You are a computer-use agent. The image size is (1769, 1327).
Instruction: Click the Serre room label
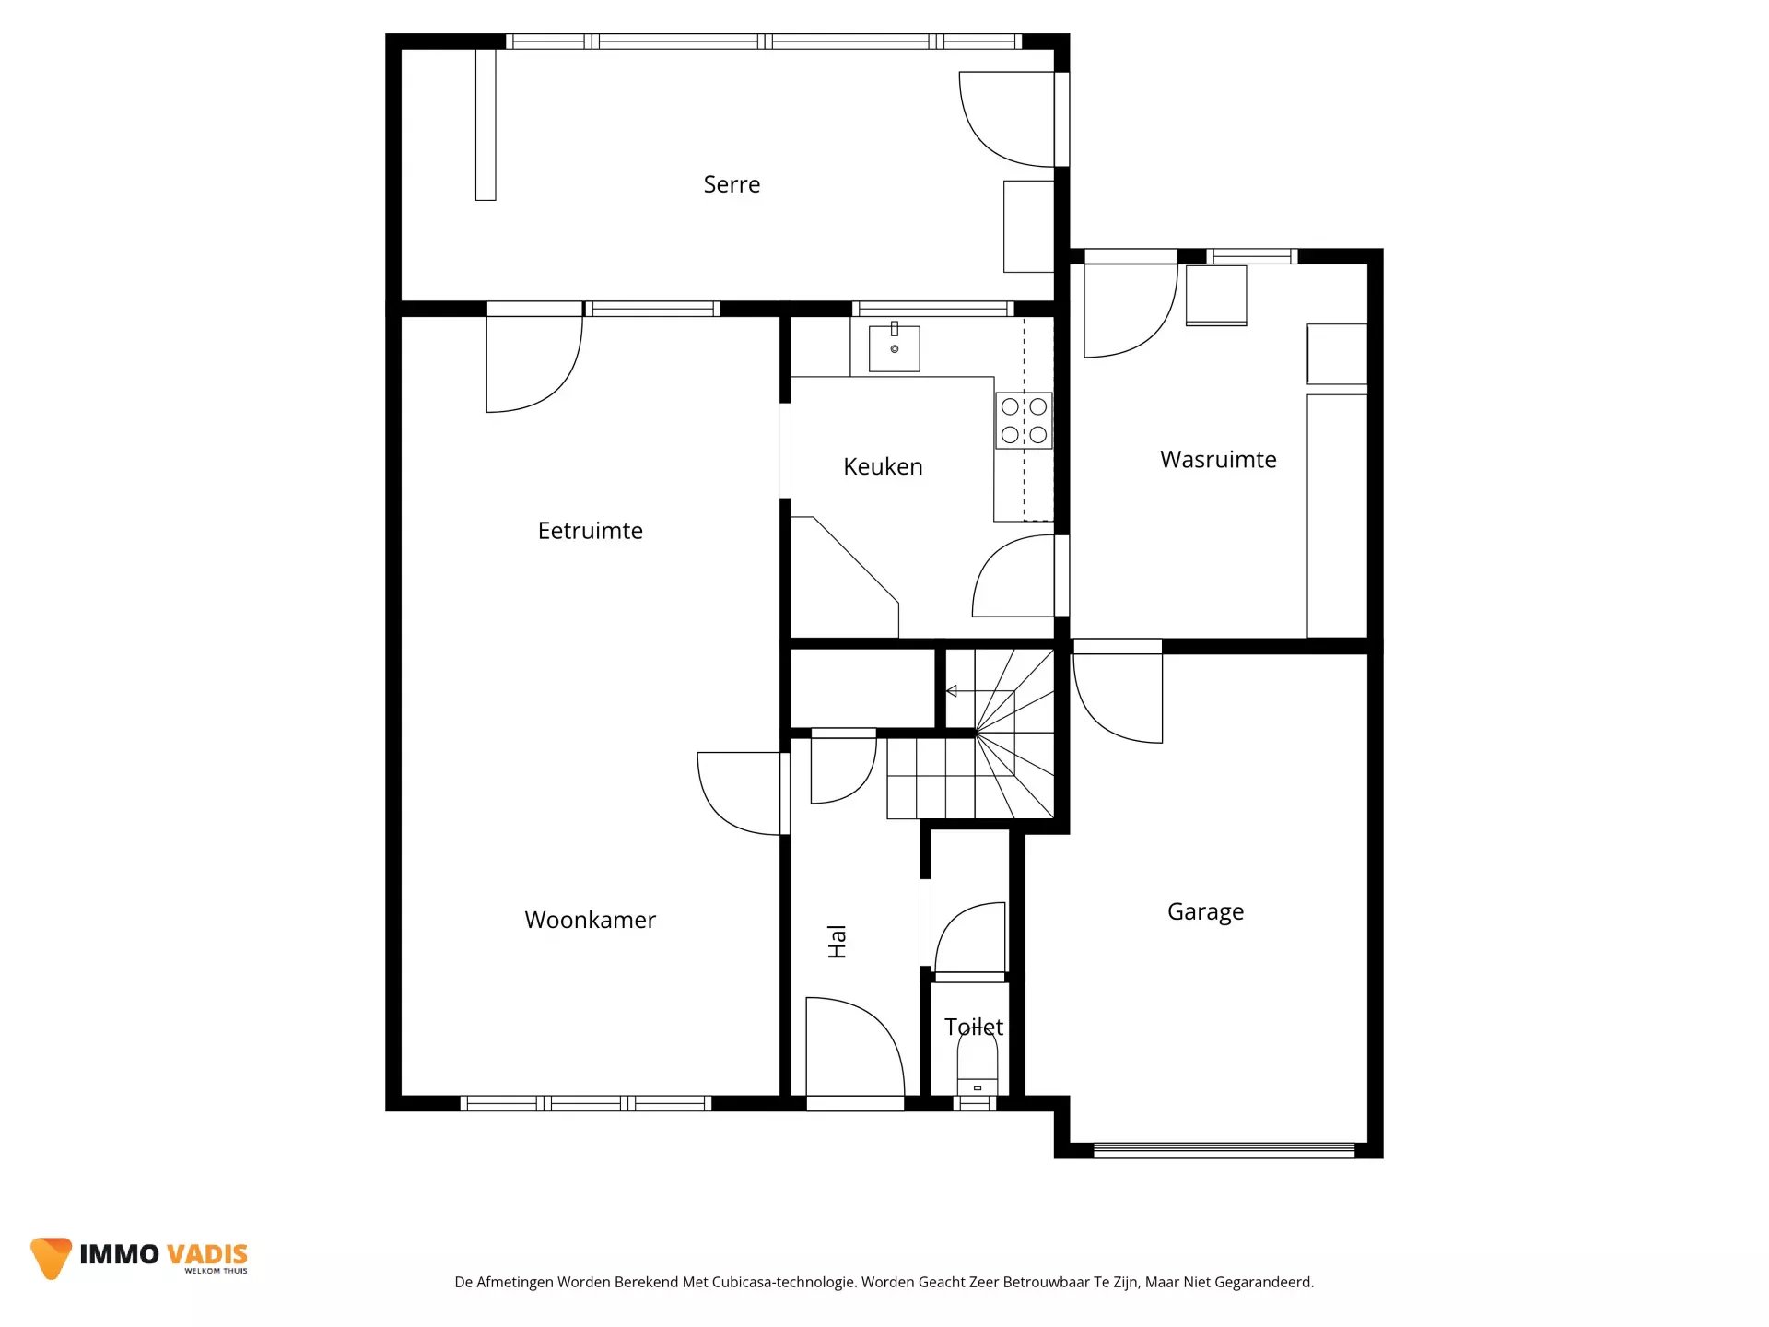pyautogui.click(x=732, y=184)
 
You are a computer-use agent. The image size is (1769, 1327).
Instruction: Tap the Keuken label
pyautogui.click(x=883, y=466)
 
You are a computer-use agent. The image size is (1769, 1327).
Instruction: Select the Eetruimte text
pyautogui.click(x=590, y=531)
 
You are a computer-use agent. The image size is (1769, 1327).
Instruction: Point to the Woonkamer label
pyautogui.click(x=590, y=920)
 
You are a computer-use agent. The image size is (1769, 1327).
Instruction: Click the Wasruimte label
pyautogui.click(x=1218, y=459)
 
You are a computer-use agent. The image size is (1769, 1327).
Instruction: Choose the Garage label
pyautogui.click(x=1205, y=912)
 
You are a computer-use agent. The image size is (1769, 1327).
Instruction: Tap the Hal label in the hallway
pyautogui.click(x=837, y=942)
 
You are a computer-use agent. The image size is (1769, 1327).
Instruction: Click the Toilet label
pyautogui.click(x=974, y=1027)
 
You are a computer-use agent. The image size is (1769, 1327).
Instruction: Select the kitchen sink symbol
pyautogui.click(x=894, y=347)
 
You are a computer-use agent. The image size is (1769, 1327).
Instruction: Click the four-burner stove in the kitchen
pyautogui.click(x=1024, y=420)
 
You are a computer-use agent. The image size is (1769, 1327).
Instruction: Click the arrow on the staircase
pyautogui.click(x=979, y=691)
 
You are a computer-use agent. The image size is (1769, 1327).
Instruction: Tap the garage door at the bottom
pyautogui.click(x=1224, y=1150)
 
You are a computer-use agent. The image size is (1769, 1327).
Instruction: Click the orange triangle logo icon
pyautogui.click(x=51, y=1256)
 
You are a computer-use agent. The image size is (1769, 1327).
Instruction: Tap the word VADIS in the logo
pyautogui.click(x=207, y=1254)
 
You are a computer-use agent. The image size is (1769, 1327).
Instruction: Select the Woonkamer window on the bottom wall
pyautogui.click(x=586, y=1103)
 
